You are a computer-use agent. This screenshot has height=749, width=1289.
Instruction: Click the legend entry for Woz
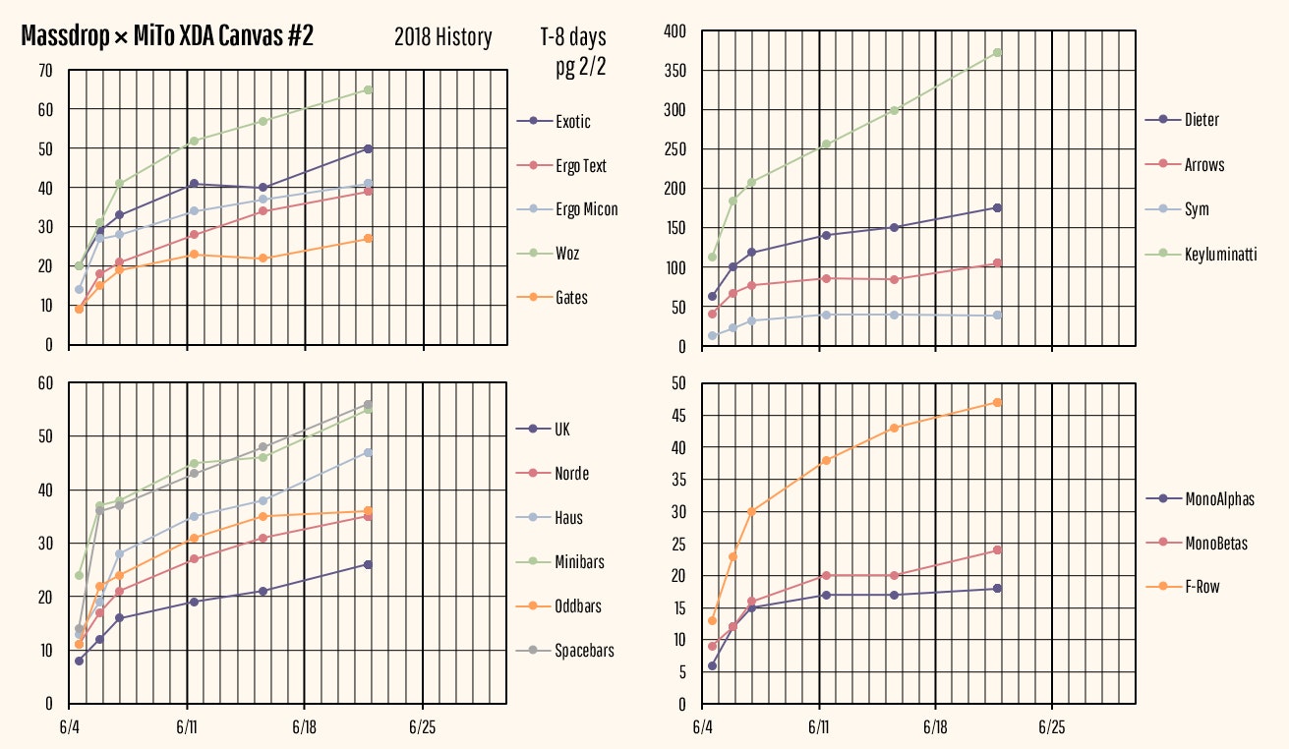[566, 254]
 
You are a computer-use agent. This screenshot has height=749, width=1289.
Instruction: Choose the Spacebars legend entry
[584, 651]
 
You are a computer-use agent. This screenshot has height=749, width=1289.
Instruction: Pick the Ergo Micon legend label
[586, 209]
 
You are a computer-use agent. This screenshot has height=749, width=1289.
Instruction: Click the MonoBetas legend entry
[1215, 544]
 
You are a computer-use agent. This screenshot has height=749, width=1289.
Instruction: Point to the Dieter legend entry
[1201, 120]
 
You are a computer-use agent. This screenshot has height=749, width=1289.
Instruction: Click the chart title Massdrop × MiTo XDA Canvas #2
[167, 37]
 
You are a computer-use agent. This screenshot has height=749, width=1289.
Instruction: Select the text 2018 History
[442, 38]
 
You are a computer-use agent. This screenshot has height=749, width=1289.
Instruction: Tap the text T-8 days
[573, 38]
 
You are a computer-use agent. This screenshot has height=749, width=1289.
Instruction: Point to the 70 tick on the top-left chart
[45, 70]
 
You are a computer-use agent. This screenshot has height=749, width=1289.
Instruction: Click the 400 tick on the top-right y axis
[674, 31]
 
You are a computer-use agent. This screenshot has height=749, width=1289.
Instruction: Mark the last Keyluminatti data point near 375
[997, 52]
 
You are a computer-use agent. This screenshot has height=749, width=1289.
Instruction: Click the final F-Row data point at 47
[997, 402]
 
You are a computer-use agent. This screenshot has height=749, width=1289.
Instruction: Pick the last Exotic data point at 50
[368, 148]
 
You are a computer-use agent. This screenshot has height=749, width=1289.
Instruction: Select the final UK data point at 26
[368, 564]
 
